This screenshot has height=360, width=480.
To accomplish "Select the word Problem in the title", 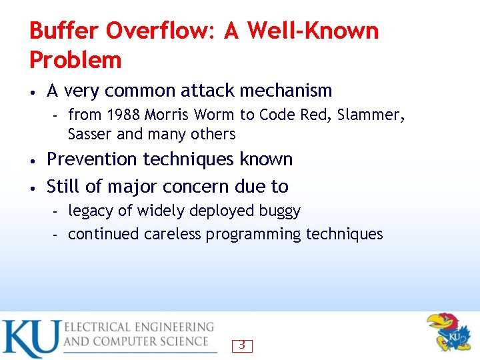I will (75, 61).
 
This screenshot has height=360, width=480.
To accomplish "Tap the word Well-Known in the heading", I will (313, 31).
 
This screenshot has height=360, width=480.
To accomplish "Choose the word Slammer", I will (371, 115).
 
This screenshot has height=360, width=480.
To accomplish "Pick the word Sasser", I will (90, 134).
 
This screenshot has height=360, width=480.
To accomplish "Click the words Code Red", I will (293, 115).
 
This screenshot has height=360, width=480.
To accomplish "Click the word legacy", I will (91, 211).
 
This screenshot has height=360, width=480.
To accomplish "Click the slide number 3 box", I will (242, 345).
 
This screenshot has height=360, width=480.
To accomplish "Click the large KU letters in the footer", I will (30, 338).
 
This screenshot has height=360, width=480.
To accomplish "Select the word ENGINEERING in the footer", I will (173, 327).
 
